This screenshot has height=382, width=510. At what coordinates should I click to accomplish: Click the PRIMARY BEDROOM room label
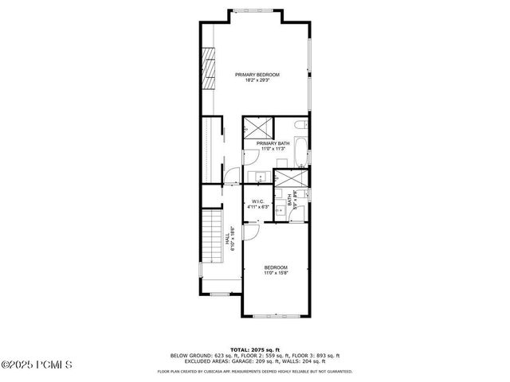[x=257, y=75]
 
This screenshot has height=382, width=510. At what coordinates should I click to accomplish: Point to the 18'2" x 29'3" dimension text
[x=257, y=80]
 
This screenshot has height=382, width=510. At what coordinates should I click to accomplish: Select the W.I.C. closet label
[x=257, y=201]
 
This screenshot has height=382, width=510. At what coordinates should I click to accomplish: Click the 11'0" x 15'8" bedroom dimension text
[x=276, y=273]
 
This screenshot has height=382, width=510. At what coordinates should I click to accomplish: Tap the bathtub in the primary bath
[x=300, y=153]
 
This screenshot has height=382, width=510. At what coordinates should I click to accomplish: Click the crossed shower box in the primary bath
[x=258, y=125]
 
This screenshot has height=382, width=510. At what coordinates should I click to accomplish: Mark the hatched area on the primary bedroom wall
[x=209, y=70]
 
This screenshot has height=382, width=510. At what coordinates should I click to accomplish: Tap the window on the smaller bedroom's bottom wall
[x=276, y=317]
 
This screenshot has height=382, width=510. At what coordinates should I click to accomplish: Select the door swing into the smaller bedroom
[x=251, y=231]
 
